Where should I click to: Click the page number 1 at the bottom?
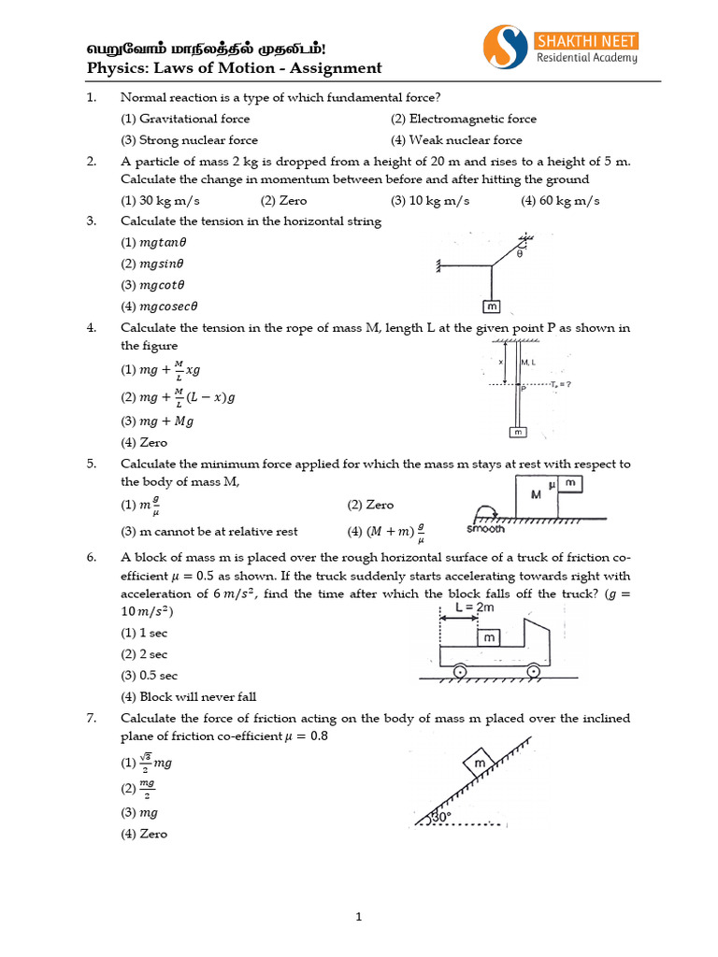358,918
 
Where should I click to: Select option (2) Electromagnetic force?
464,119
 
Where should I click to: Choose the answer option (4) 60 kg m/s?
561,201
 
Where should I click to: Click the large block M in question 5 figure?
536,496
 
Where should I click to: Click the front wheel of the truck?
533,671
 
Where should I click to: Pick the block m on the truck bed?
488,637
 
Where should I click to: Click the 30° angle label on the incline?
438,816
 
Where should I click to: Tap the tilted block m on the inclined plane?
481,765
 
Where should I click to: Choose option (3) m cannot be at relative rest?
209,531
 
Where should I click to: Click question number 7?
92,718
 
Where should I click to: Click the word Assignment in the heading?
338,67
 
